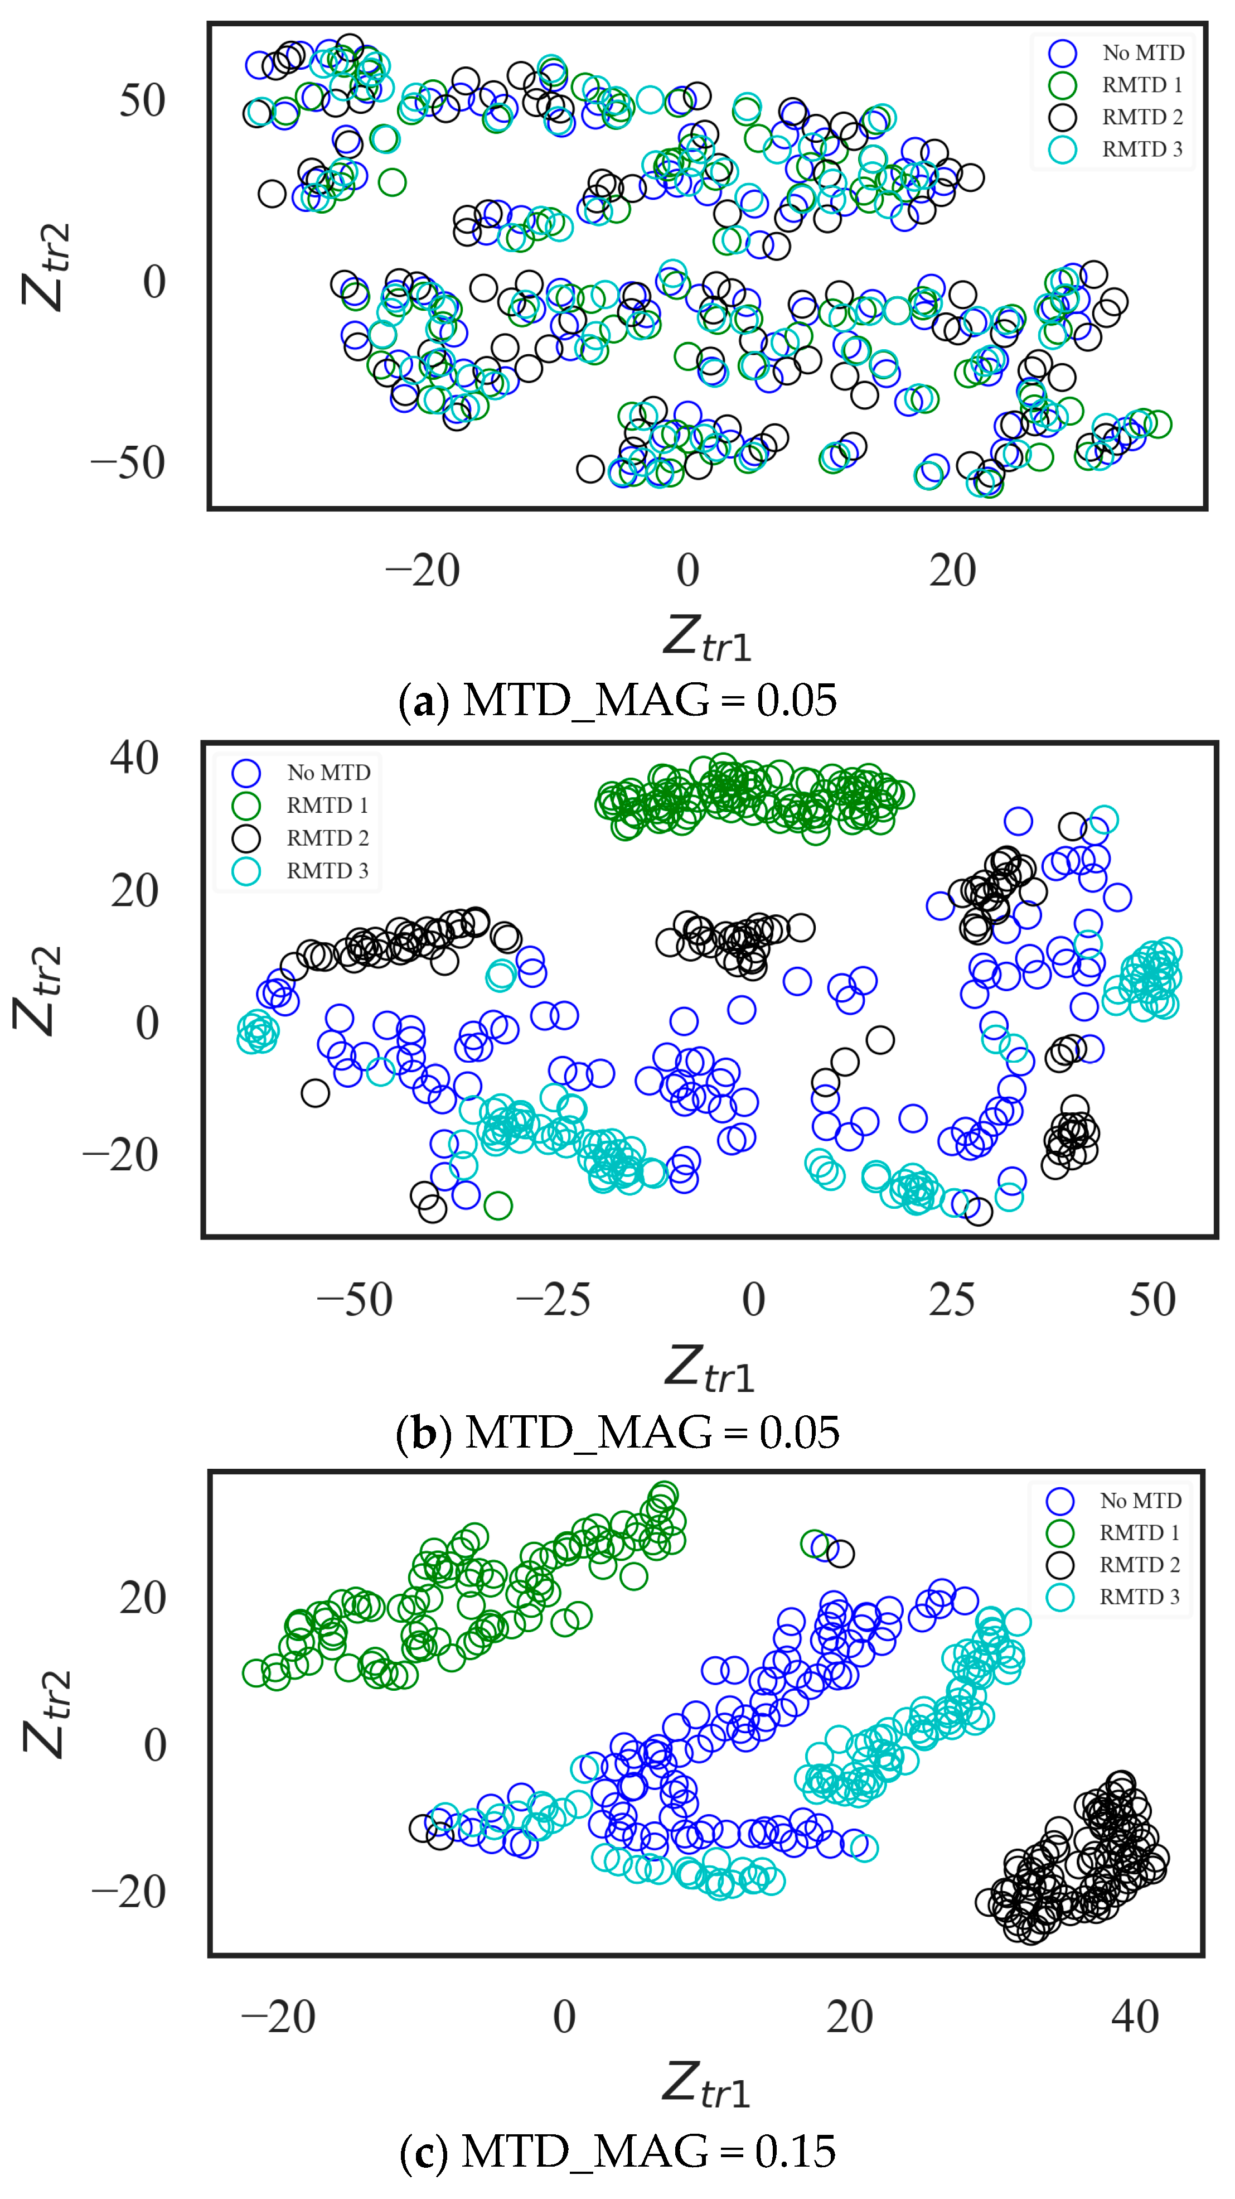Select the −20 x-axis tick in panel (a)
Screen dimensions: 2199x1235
tap(423, 570)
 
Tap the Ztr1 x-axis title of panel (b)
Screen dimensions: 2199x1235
tap(709, 1368)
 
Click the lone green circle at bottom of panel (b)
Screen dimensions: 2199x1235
tap(497, 1206)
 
